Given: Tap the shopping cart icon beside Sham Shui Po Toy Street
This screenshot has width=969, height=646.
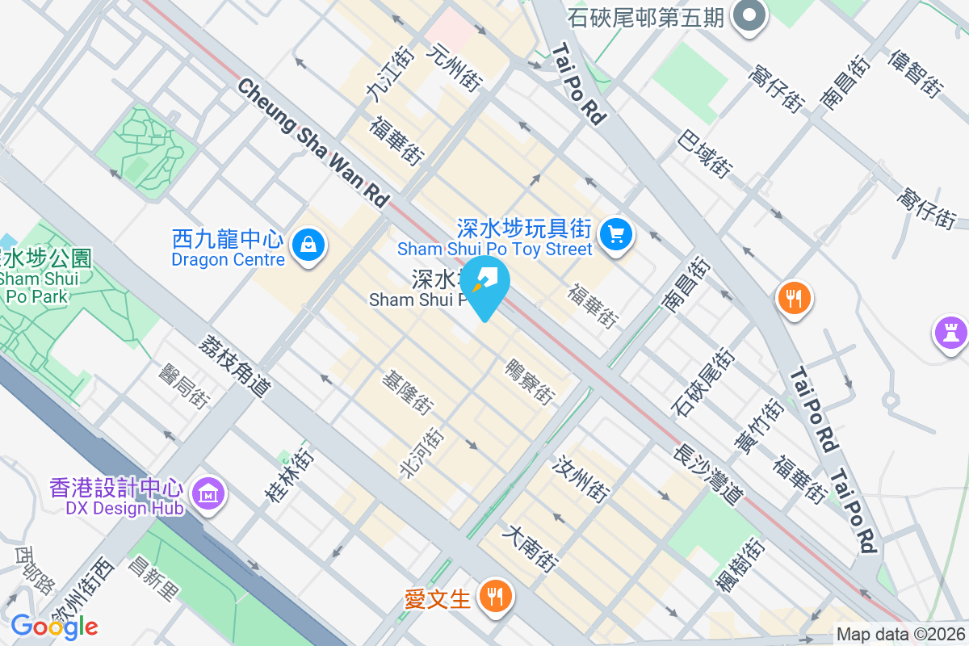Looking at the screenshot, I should (x=617, y=234).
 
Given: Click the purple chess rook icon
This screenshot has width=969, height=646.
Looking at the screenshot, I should (x=950, y=331).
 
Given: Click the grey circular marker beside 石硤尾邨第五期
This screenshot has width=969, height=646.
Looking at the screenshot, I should (x=749, y=16).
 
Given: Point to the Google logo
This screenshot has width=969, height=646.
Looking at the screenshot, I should (x=54, y=626).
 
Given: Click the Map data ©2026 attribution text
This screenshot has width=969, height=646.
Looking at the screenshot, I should (x=900, y=635).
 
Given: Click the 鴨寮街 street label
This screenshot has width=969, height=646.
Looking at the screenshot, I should (x=530, y=382).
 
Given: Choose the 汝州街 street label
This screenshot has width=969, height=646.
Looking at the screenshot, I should (x=581, y=477).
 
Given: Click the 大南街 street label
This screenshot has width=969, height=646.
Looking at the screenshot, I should (x=530, y=549).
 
